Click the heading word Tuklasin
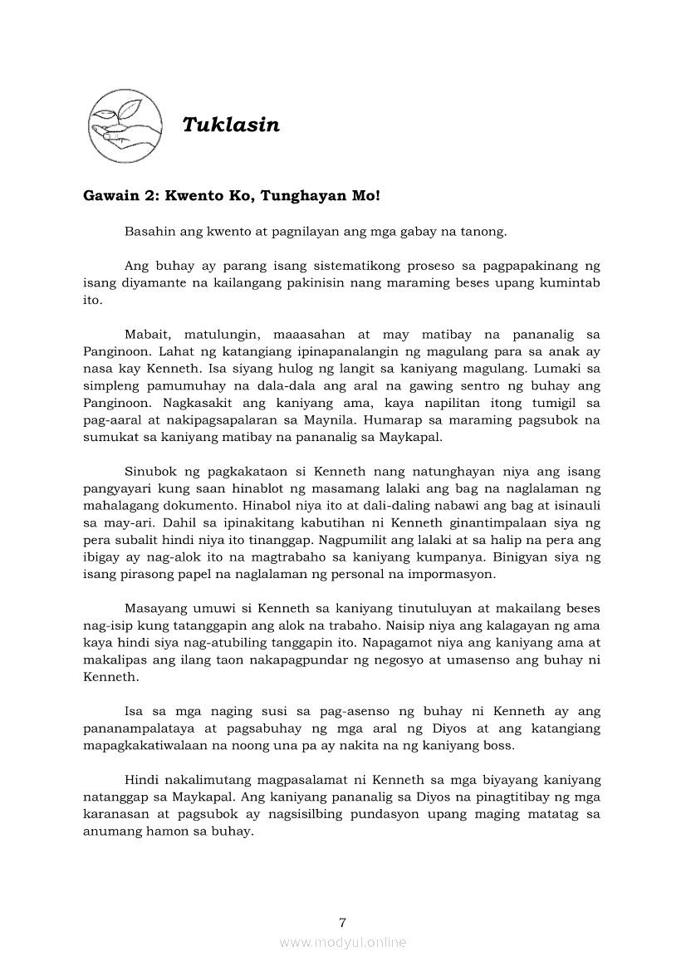(231, 125)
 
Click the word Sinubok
(150, 472)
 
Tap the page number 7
(343, 923)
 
